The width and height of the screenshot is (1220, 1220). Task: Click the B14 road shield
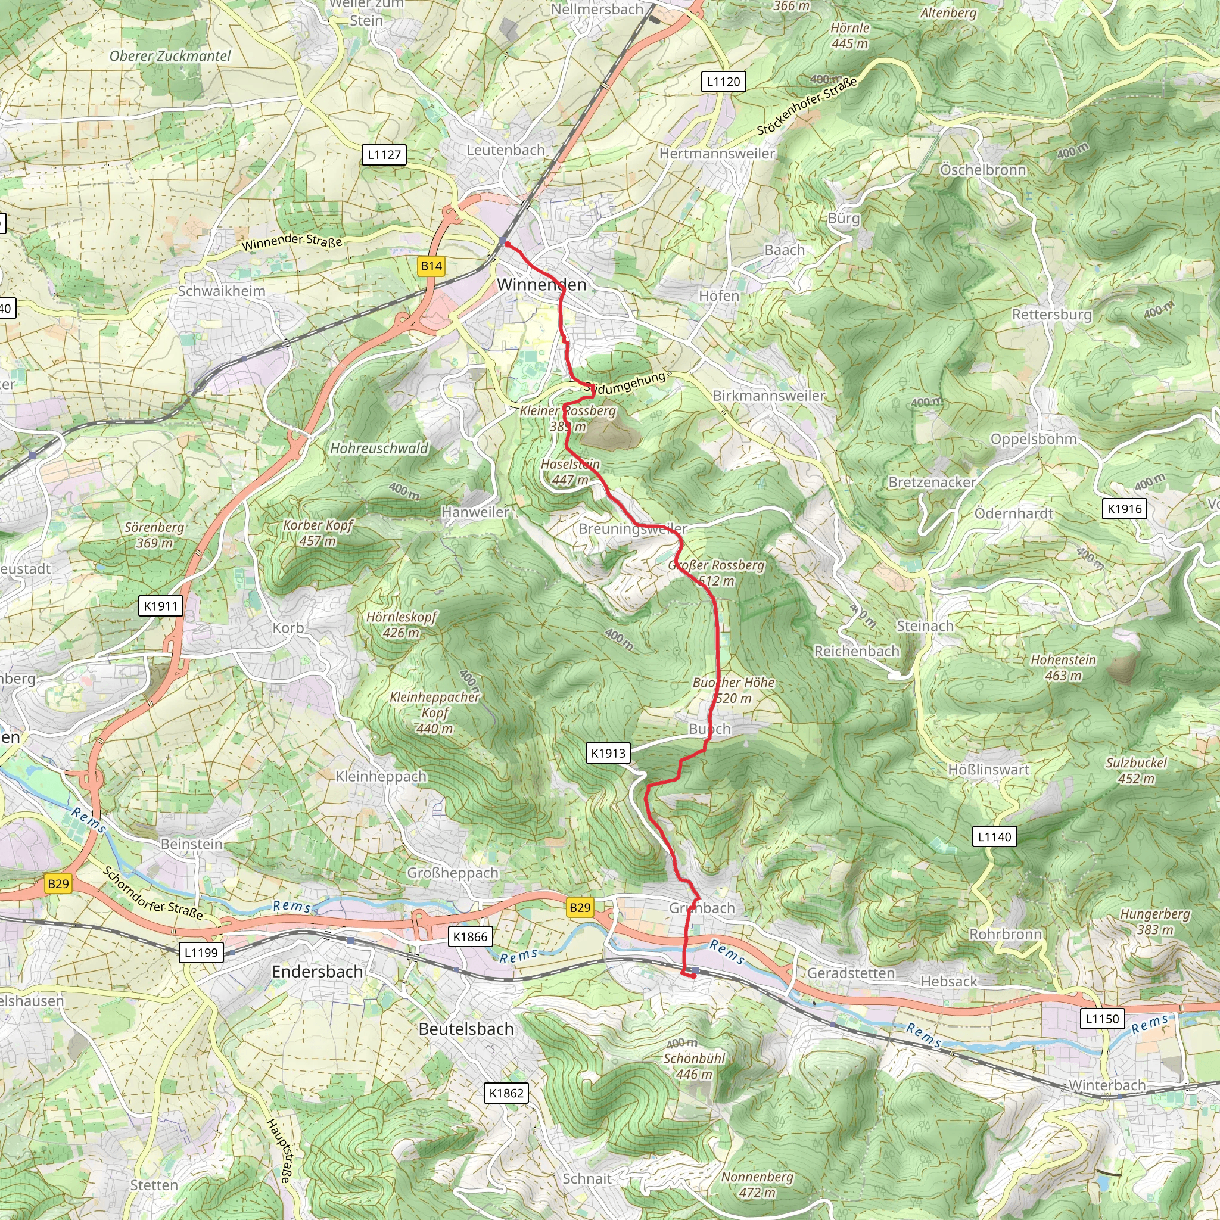[432, 266]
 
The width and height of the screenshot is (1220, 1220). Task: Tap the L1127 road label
[384, 155]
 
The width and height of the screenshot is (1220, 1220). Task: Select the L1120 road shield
[724, 82]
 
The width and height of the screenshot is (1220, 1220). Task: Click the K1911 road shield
[161, 606]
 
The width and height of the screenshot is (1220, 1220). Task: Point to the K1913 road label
[608, 753]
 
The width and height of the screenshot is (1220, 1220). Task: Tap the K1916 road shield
[1125, 509]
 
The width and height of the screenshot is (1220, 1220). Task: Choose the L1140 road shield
[995, 837]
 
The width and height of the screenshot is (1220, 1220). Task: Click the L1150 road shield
[1103, 1019]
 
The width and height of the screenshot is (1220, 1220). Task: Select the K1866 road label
[471, 936]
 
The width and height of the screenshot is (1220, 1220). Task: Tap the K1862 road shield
[506, 1093]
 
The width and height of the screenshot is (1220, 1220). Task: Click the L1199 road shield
[201, 953]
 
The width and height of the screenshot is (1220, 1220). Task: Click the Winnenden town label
[542, 285]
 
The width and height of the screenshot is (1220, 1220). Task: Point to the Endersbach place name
[317, 971]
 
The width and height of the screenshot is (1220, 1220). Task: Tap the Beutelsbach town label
[466, 1029]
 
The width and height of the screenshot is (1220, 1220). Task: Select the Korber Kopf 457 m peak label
[318, 533]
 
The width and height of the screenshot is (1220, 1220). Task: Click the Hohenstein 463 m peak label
[1063, 667]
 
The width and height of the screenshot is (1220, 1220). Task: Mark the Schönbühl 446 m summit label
[694, 1066]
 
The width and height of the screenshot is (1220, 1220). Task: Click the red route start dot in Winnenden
[507, 244]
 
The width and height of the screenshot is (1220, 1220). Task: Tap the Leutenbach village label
[505, 150]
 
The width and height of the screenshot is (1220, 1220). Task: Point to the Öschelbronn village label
[983, 170]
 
